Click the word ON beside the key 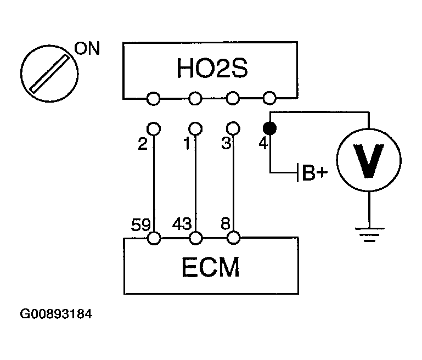point(87,50)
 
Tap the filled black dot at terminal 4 point(269,129)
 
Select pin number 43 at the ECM point(182,224)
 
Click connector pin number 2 point(142,145)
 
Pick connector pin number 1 point(186,145)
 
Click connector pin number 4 point(262,145)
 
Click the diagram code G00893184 point(56,315)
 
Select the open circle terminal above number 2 point(154,129)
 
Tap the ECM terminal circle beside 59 point(154,238)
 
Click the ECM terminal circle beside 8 point(234,238)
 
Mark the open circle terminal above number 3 point(234,129)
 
